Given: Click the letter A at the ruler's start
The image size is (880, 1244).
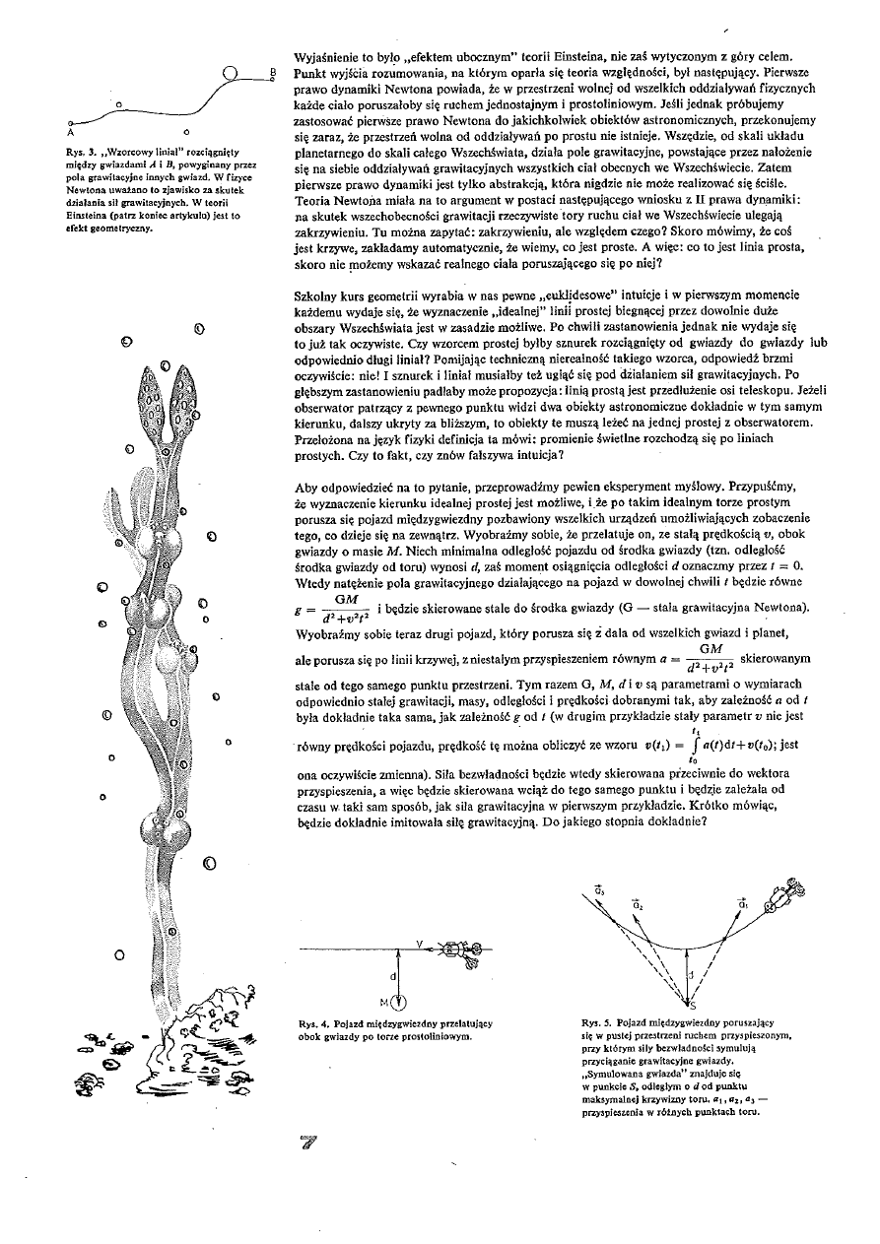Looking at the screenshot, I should (x=70, y=129).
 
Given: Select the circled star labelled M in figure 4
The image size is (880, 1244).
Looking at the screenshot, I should (x=399, y=1003).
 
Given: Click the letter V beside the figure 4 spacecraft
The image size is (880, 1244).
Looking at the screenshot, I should (x=420, y=944).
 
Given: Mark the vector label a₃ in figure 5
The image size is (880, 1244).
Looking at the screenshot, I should (x=599, y=891).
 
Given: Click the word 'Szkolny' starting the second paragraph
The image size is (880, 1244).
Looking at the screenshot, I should (x=318, y=295).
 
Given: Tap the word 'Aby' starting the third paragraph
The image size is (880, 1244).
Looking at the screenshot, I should (x=307, y=487).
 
